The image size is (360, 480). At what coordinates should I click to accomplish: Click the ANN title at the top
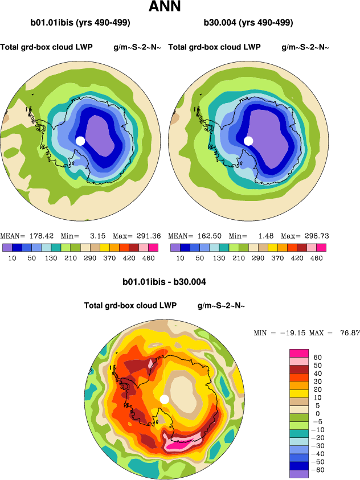click(165, 7)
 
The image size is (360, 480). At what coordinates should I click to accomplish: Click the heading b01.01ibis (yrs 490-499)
click(80, 23)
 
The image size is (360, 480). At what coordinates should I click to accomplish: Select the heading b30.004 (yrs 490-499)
click(248, 23)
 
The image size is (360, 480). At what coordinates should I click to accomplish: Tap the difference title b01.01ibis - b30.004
click(164, 282)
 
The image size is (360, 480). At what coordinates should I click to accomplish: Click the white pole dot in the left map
click(80, 141)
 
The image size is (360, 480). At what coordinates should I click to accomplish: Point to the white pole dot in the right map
click(248, 141)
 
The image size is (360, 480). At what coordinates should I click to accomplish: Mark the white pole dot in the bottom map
click(165, 399)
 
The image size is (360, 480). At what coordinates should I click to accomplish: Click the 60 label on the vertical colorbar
click(318, 357)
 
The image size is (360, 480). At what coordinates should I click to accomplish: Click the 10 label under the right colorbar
click(180, 258)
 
